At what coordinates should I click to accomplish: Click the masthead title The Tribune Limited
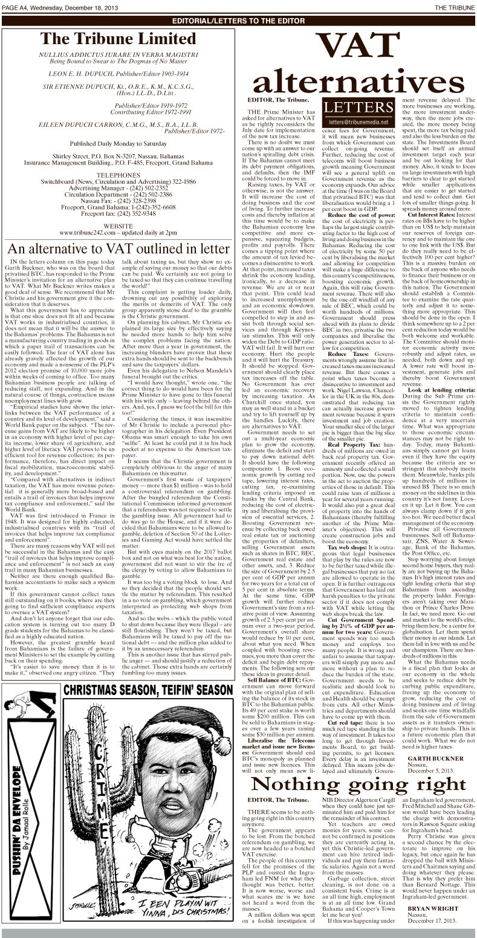[x=122, y=40]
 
